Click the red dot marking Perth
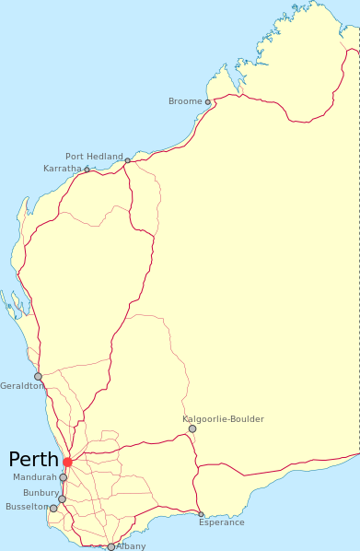(67, 462)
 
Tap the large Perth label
(33, 460)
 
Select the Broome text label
(185, 101)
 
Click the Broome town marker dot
(208, 102)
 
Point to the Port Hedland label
(94, 157)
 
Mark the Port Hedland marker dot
(128, 161)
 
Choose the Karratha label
(63, 169)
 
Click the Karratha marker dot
(87, 170)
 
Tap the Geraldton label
(22, 385)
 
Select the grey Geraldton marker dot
(38, 376)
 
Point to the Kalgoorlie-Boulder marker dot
(192, 428)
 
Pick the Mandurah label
(35, 477)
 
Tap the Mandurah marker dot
(63, 478)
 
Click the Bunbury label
(41, 493)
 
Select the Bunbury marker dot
(63, 499)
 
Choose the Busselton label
(27, 507)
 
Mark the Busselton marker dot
(53, 509)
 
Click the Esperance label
(222, 522)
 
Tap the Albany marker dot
(111, 547)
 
